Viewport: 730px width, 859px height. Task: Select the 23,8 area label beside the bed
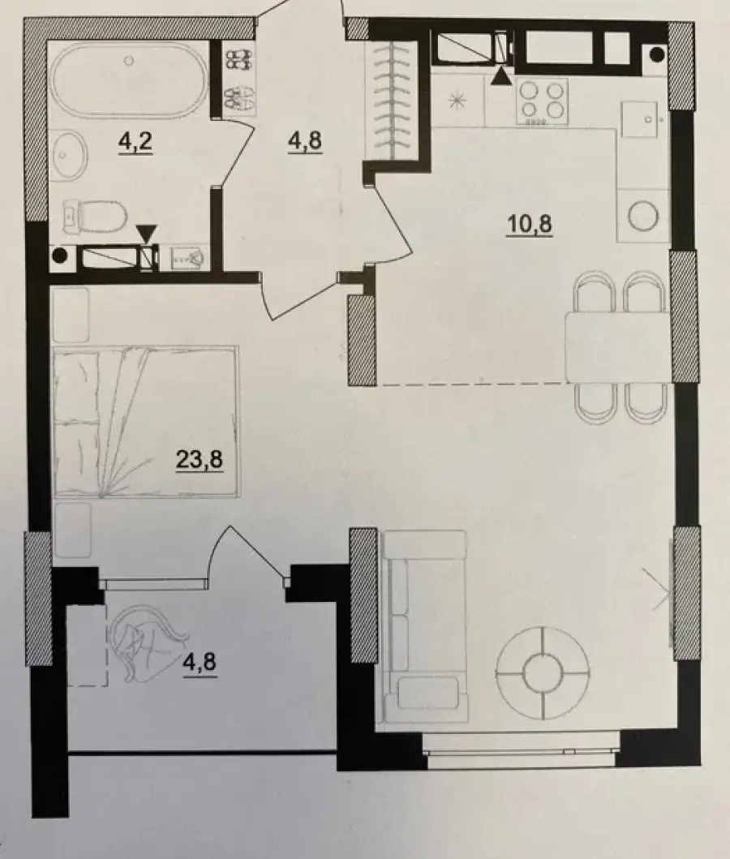coord(199,458)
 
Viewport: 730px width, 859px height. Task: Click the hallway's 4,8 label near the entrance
coord(305,141)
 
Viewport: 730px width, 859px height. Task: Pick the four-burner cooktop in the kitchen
coord(542,101)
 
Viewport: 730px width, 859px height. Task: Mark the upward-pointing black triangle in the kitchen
coord(502,76)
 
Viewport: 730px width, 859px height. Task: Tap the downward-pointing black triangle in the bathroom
coord(146,234)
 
